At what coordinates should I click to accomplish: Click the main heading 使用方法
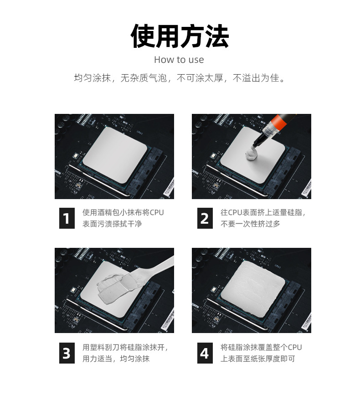[180, 36]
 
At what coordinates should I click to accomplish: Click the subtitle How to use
[179, 60]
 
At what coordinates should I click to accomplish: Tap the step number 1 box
[67, 218]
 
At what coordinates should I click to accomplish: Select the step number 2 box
[205, 218]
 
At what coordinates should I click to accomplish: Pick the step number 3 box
[67, 353]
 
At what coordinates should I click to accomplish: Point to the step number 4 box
[205, 353]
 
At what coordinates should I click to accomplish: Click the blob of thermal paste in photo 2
[252, 154]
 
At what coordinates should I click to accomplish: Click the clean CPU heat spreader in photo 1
[115, 155]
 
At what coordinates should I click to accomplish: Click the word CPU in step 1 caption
[157, 212]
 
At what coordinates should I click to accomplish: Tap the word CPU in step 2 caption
[235, 212]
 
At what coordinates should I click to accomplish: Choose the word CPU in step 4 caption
[295, 347]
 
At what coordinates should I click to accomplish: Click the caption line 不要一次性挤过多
[250, 224]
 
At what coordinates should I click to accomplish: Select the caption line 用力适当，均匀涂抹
[116, 359]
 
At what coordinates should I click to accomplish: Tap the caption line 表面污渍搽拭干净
[112, 224]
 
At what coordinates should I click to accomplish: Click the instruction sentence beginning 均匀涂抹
[180, 78]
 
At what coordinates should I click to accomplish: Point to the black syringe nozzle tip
[254, 145]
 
